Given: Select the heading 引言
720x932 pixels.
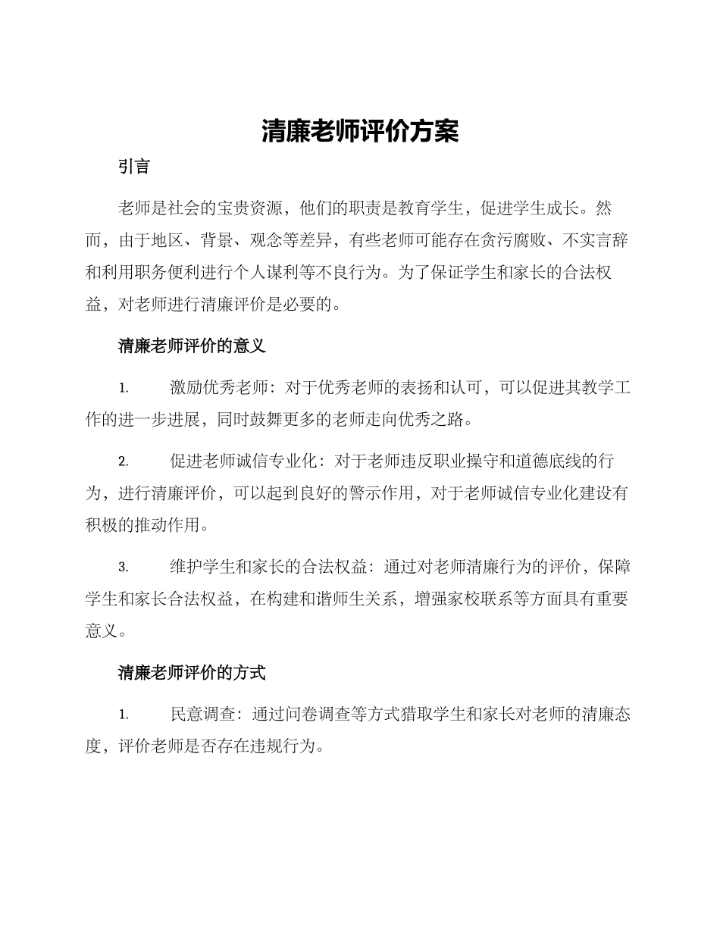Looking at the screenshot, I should [x=134, y=167].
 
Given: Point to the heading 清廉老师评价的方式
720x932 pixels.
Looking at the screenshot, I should [x=192, y=672].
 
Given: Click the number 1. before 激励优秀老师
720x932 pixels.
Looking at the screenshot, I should [x=124, y=389].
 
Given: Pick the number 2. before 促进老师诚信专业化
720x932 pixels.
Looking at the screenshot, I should [x=124, y=461].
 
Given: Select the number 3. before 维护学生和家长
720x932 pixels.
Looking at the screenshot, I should [x=124, y=567].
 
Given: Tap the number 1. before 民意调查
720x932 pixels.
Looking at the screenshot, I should [x=124, y=714].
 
